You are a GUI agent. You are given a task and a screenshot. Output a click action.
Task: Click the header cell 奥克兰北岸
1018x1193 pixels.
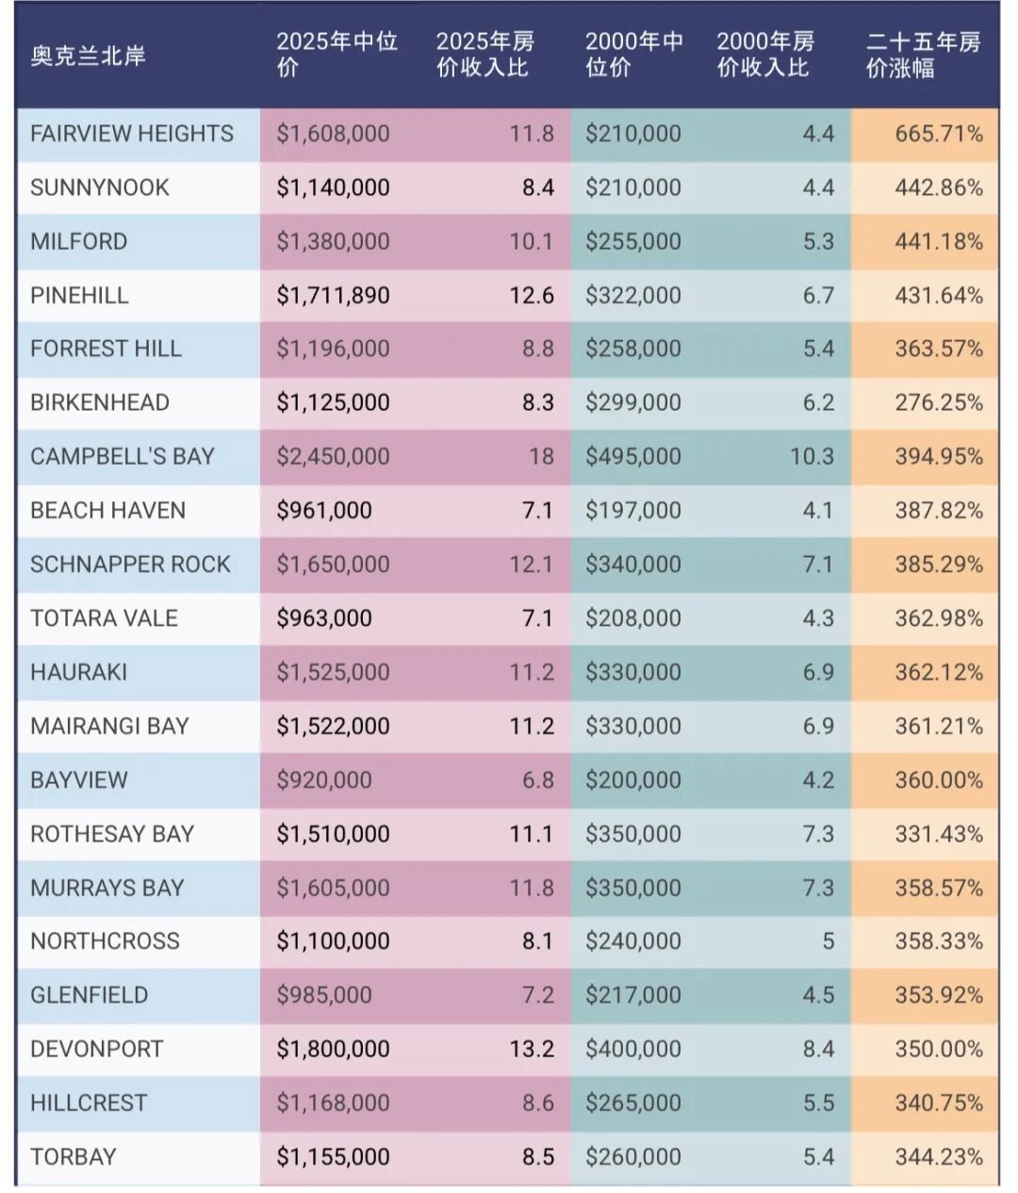88,56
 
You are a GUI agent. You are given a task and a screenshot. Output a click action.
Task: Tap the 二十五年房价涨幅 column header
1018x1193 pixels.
924,55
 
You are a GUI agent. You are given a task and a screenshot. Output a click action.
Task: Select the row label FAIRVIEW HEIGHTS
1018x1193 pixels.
132,134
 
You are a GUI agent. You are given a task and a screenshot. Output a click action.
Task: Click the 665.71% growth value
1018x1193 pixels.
939,134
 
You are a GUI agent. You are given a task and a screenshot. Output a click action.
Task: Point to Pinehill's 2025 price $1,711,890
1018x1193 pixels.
333,296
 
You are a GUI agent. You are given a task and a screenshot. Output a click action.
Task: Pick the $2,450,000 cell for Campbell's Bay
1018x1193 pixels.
333,456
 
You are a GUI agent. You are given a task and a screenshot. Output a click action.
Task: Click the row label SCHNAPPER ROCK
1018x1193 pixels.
130,564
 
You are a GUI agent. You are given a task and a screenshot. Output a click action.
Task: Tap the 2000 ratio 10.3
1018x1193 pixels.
812,456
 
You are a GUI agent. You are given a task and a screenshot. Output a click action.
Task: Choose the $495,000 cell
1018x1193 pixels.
632,456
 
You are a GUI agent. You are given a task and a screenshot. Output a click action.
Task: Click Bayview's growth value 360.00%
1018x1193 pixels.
939,780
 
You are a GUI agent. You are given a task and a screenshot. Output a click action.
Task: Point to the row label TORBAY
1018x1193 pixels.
74,1156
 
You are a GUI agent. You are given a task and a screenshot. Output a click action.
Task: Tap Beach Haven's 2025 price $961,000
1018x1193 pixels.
324,510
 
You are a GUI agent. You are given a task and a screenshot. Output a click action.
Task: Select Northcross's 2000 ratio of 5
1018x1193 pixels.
828,941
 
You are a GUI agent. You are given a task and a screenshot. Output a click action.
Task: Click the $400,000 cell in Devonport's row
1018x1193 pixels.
632,1049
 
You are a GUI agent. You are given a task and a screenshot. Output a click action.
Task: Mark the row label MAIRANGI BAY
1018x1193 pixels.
109,727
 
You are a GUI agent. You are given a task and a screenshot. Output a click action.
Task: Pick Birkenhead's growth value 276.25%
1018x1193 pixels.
939,403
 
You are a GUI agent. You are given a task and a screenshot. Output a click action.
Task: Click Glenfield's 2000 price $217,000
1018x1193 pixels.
632,995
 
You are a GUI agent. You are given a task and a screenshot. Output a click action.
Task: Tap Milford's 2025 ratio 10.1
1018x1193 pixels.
532,241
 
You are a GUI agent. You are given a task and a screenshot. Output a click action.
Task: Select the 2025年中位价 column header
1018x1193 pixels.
337,55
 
